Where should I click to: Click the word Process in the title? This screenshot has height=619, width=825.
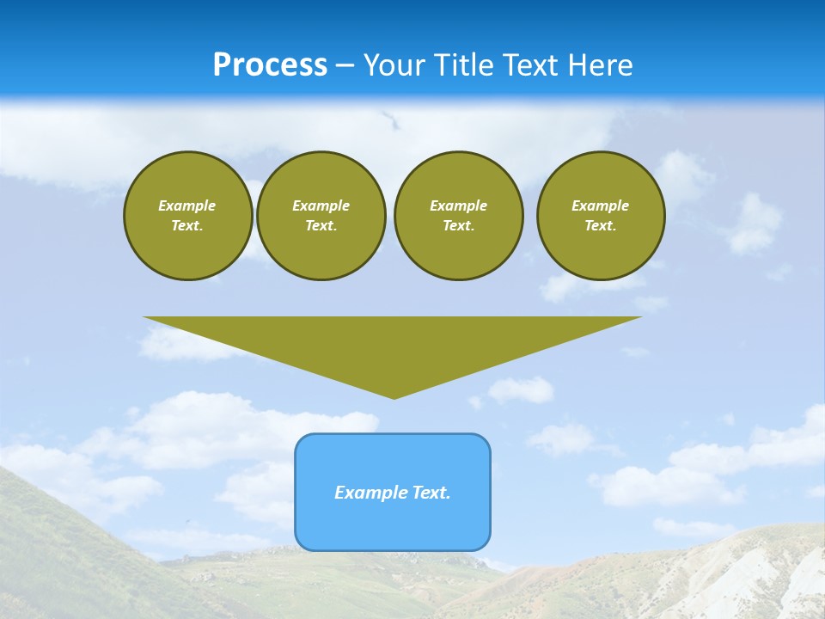click(x=270, y=64)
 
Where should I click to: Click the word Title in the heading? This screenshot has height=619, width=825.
click(x=464, y=64)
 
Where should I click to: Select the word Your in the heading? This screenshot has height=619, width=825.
click(x=395, y=64)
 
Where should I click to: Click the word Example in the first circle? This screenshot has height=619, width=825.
click(x=187, y=205)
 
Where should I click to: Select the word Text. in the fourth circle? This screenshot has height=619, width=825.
click(x=601, y=225)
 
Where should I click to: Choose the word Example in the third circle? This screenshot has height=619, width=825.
click(x=459, y=205)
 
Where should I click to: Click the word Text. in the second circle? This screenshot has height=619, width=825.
click(x=321, y=225)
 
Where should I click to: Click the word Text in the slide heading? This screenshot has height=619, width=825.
click(x=531, y=64)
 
